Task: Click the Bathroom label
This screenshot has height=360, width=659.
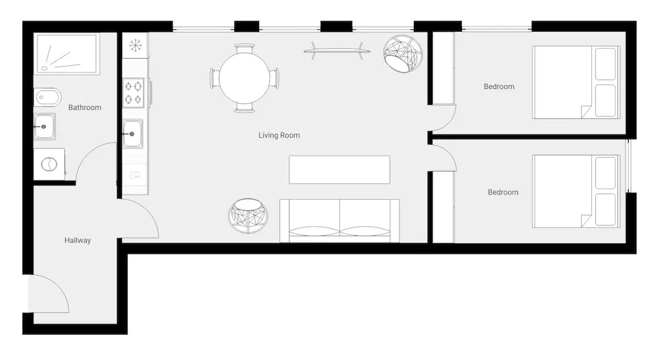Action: click(84, 107)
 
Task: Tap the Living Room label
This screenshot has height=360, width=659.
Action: click(279, 135)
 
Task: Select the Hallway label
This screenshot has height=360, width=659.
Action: click(77, 240)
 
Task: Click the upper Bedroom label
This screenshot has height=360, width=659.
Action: click(499, 86)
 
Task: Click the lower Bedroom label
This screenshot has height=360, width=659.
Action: click(503, 192)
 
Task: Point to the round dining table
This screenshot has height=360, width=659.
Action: click(244, 78)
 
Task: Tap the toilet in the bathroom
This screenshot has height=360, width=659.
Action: click(47, 98)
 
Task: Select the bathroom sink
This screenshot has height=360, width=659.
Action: click(45, 127)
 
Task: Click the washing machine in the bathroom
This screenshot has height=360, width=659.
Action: click(49, 164)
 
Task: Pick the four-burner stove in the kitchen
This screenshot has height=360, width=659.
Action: click(133, 92)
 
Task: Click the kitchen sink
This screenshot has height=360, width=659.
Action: click(133, 134)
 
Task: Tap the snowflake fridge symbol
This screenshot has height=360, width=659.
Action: click(135, 45)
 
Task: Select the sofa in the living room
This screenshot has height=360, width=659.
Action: click(339, 221)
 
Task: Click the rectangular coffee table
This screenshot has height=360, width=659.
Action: click(339, 170)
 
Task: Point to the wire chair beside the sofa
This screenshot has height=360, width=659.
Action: click(248, 216)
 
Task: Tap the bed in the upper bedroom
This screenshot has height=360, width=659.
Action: click(576, 82)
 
